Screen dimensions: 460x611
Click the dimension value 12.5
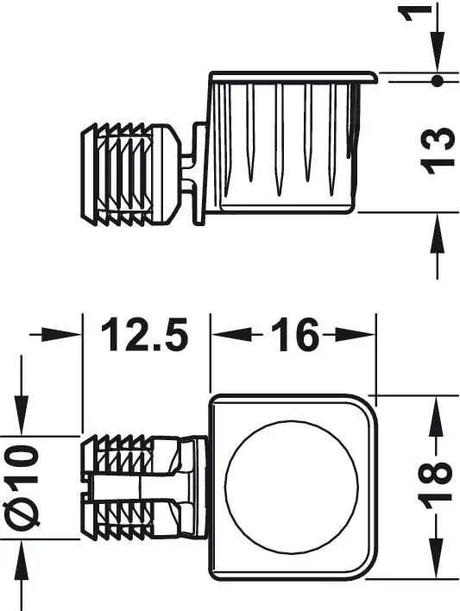pyautogui.click(x=145, y=334)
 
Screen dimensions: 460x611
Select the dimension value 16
pyautogui.click(x=294, y=334)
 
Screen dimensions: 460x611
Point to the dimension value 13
pyautogui.click(x=437, y=151)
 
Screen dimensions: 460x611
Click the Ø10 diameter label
pyautogui.click(x=21, y=487)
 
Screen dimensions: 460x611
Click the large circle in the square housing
pyautogui.click(x=291, y=487)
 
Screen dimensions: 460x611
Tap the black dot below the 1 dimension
pyautogui.click(x=438, y=81)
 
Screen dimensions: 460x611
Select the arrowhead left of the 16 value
pyautogui.click(x=230, y=334)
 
